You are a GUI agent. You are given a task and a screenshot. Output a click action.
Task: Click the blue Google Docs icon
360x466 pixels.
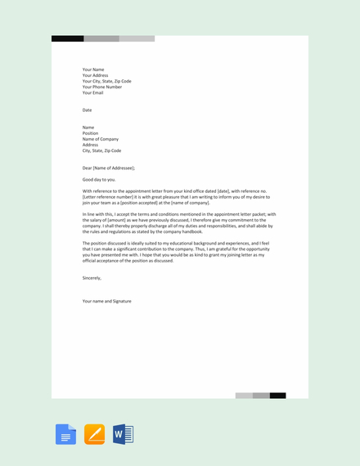65,434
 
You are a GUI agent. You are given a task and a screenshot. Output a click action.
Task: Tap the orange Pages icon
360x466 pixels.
94,434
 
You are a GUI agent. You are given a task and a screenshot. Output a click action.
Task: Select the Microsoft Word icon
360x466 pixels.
123,434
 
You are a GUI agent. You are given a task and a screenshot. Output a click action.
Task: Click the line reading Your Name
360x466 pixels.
93,69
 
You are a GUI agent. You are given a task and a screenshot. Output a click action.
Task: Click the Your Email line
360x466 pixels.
93,93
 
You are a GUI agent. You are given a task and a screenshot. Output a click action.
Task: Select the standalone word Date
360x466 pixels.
88,110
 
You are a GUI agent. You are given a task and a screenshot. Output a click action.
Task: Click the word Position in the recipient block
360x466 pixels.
90,133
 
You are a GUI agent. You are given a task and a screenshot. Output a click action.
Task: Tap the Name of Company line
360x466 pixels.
101,139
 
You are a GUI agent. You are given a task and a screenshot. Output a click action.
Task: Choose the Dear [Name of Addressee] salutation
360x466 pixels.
109,168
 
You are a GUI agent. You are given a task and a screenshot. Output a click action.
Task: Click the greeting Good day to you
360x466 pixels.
99,179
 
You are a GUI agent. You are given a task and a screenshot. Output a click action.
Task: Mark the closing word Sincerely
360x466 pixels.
92,278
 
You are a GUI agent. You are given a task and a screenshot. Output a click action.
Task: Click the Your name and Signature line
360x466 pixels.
106,301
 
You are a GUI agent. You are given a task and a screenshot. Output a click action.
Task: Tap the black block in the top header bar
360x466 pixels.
67,38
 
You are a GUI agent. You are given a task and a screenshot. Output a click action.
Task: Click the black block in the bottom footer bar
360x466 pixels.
278,396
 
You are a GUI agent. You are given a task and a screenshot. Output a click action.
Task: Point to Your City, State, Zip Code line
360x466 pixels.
106,81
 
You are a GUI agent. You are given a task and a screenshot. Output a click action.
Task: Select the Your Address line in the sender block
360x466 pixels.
95,75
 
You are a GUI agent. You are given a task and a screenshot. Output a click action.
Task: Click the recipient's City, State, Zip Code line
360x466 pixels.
101,150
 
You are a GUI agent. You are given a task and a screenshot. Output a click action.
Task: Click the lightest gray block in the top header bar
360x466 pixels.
137,38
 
